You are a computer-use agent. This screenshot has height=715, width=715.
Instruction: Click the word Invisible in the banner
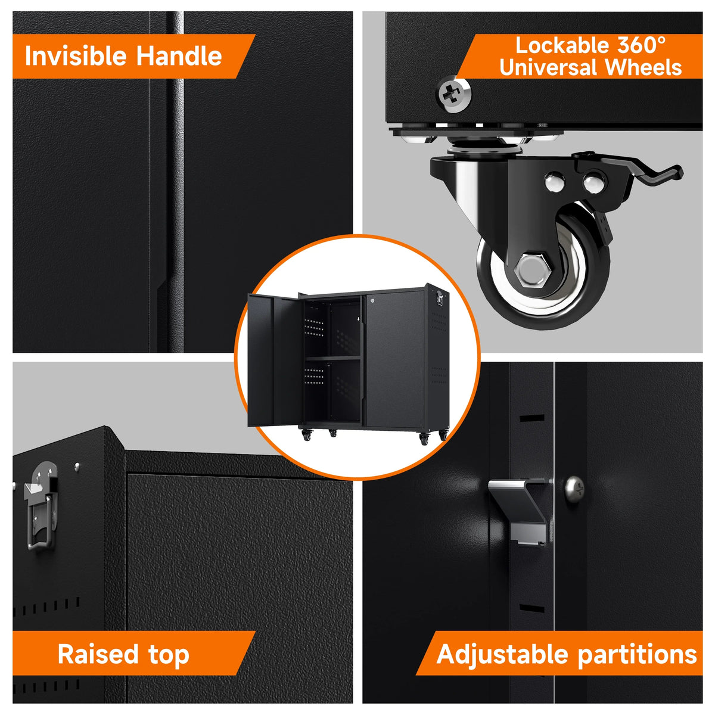(x=75, y=56)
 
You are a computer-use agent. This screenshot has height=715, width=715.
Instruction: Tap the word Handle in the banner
(x=179, y=56)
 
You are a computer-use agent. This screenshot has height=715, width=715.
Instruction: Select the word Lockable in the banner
(x=561, y=46)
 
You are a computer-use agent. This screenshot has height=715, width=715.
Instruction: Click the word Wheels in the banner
(x=643, y=67)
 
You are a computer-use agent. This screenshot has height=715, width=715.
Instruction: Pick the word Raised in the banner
(x=98, y=654)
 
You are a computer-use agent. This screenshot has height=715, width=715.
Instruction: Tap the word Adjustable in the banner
(x=502, y=655)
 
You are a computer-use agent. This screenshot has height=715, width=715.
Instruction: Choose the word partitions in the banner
(x=638, y=654)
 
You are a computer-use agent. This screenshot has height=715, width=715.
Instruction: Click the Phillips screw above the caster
(x=453, y=94)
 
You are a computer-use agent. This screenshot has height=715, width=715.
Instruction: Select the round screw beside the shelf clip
(x=574, y=489)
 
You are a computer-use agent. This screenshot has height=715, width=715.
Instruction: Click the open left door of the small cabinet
(x=274, y=360)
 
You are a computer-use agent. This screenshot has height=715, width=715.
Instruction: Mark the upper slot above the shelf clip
(x=531, y=418)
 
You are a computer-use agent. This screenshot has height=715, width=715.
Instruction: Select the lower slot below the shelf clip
(x=531, y=608)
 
